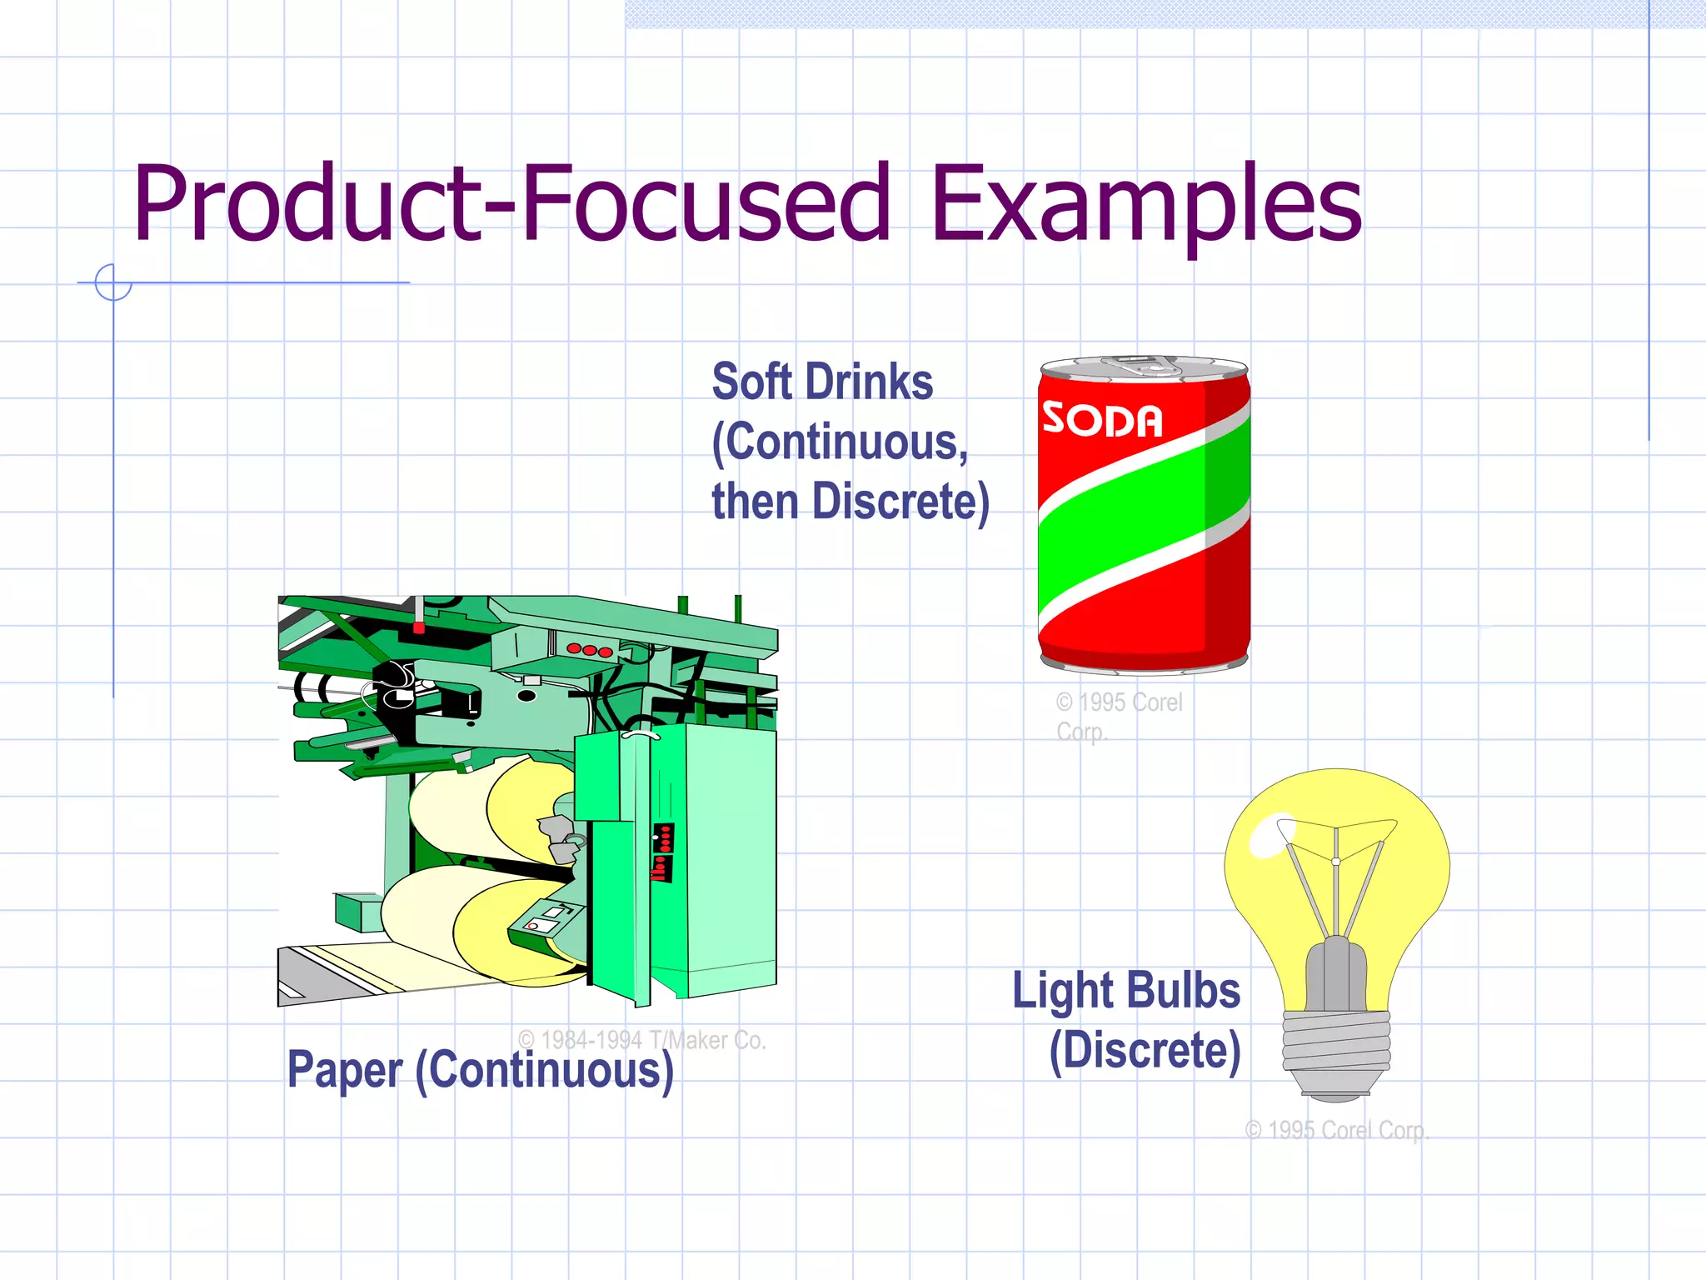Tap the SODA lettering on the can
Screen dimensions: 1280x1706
1102,419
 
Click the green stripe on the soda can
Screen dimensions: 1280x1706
1141,508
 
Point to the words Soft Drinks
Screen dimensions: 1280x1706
822,382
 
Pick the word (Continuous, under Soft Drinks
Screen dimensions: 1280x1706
840,442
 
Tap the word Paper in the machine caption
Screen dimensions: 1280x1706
345,1069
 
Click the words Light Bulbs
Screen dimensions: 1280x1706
1126,990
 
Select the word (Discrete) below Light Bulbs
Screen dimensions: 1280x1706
1145,1050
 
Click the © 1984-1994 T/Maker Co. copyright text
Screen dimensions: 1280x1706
641,1039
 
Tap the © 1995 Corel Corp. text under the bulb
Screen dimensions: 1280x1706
1336,1130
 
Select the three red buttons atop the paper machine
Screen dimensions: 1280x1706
590,650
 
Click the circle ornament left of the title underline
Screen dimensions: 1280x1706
113,282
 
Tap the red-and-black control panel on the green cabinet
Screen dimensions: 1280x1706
662,852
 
